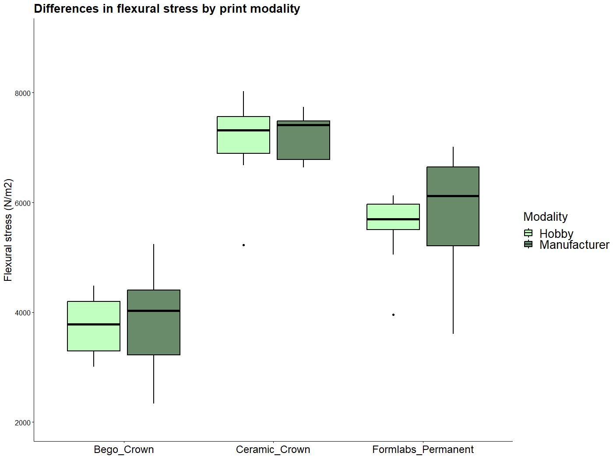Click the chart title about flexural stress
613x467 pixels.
pyautogui.click(x=167, y=9)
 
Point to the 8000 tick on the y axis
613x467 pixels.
pyautogui.click(x=23, y=93)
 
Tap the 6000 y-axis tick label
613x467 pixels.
pyautogui.click(x=23, y=203)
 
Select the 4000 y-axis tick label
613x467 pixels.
pyautogui.click(x=23, y=313)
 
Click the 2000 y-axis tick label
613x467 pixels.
pyautogui.click(x=23, y=423)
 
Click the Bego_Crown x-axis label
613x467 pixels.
pyautogui.click(x=124, y=449)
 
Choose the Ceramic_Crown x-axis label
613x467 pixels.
pyautogui.click(x=273, y=449)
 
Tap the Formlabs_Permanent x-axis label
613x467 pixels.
pyautogui.click(x=423, y=449)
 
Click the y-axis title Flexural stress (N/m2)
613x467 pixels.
pyautogui.click(x=8, y=230)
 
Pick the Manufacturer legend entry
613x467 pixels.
pyautogui.click(x=574, y=245)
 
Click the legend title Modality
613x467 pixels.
pyautogui.click(x=545, y=217)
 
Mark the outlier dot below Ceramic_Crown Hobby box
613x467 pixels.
pyautogui.click(x=244, y=245)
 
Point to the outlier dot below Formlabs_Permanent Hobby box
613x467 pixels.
pyautogui.click(x=394, y=315)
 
